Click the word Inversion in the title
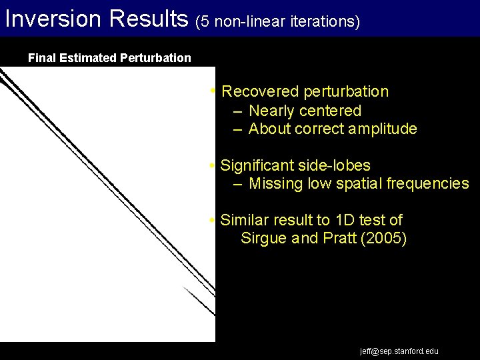pos(50,19)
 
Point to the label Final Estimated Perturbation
pos(109,58)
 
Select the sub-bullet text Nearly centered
pos(305,111)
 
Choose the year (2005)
pos(383,239)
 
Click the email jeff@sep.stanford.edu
pos(399,351)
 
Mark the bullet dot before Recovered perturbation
pos(211,91)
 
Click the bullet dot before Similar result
pos(211,220)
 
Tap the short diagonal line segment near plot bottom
pos(198,301)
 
